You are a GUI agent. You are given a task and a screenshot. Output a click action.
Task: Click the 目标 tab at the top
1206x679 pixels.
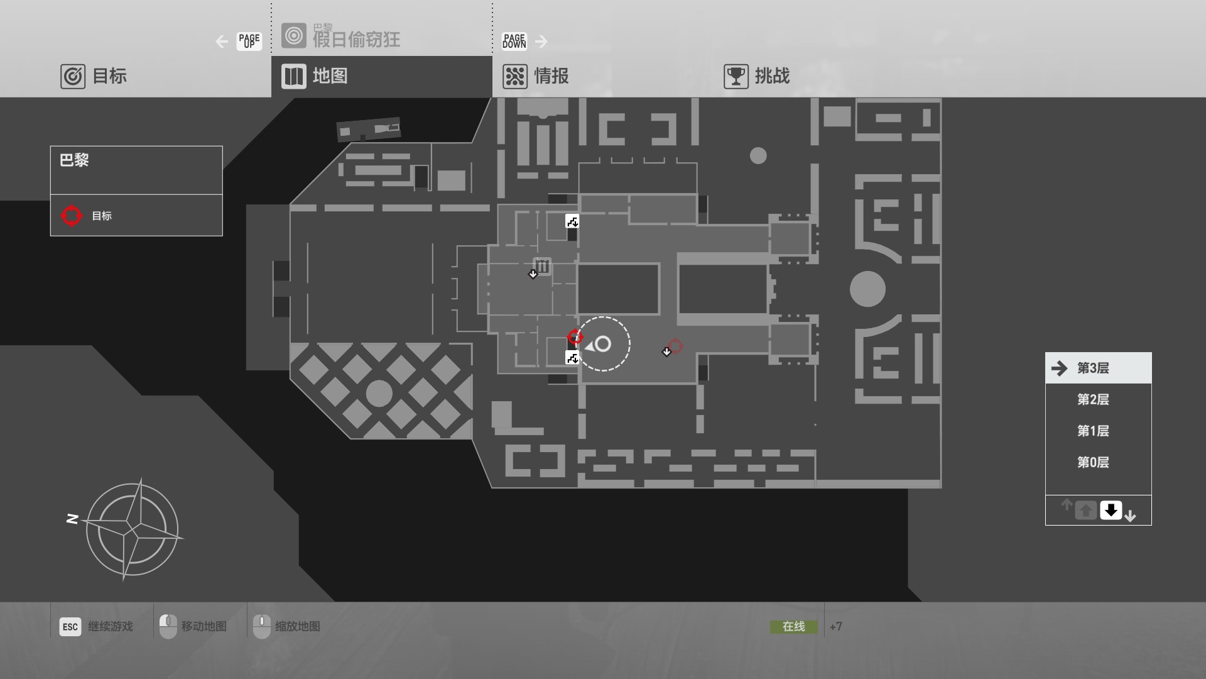point(94,76)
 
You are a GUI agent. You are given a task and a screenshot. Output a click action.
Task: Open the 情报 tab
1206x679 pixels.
point(536,76)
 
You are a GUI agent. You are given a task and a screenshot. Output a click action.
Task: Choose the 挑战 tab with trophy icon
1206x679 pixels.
point(758,76)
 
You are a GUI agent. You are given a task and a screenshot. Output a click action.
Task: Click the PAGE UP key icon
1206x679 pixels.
point(249,41)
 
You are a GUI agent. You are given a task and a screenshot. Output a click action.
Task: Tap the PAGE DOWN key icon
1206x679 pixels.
point(514,41)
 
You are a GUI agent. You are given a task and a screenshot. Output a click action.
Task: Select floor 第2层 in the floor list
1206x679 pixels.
point(1093,399)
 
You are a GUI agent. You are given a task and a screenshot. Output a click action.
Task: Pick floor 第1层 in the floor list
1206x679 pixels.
point(1093,431)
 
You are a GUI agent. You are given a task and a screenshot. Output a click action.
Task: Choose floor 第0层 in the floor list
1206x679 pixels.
point(1093,462)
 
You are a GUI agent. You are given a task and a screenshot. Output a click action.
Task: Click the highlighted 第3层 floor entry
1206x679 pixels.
point(1093,368)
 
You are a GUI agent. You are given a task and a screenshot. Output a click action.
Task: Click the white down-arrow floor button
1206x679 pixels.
point(1111,510)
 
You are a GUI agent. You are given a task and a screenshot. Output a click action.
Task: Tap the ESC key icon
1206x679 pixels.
point(70,626)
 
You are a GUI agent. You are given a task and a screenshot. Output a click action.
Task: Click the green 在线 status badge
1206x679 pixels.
point(793,626)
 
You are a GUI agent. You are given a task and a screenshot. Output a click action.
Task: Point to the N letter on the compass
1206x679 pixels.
point(72,519)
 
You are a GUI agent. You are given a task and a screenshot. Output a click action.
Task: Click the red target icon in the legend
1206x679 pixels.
point(72,216)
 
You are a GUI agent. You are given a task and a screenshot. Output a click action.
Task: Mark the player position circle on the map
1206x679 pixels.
point(603,344)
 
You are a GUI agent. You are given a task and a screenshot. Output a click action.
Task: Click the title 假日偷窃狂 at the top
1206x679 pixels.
point(356,40)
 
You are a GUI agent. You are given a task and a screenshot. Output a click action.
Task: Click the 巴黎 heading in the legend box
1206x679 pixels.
point(74,160)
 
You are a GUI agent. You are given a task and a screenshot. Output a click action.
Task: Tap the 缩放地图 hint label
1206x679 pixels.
point(297,626)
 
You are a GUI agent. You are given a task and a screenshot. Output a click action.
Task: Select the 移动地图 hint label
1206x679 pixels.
point(204,626)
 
